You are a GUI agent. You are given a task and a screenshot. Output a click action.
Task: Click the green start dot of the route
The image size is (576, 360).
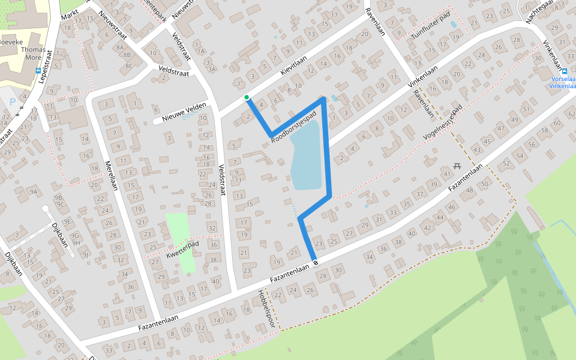(246, 97)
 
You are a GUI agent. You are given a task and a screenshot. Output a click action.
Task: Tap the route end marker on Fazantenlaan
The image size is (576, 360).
(315, 262)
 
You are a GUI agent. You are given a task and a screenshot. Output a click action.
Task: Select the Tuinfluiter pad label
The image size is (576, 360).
(431, 28)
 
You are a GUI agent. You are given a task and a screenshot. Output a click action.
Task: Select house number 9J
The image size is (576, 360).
(85, 254)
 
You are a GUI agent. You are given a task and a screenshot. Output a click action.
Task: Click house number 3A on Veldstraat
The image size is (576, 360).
(211, 69)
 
